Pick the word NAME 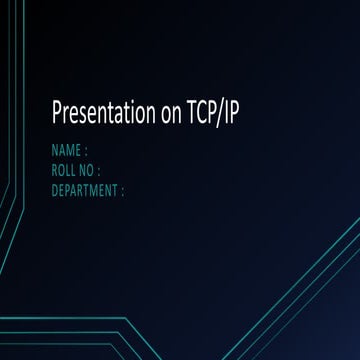(x=66, y=152)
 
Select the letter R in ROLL (x=53, y=170)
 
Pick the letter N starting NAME (x=54, y=152)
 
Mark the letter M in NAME (x=71, y=152)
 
